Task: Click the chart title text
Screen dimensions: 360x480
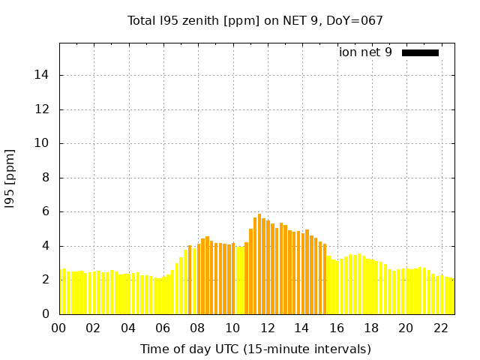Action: tap(255, 21)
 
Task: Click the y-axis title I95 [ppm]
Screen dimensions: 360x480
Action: tap(10, 179)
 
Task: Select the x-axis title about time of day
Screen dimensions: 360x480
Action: tap(255, 349)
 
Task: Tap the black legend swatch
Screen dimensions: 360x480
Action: tap(420, 52)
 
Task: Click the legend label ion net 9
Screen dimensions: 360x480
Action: tap(365, 52)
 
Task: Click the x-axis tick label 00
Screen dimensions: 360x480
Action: tap(59, 328)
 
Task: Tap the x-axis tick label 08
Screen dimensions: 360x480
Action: tap(197, 328)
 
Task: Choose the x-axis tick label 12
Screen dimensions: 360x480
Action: tap(267, 328)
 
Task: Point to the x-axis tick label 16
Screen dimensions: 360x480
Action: tap(336, 328)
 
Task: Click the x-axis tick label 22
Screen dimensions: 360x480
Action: tap(440, 328)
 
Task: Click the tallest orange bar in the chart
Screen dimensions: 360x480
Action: tap(259, 264)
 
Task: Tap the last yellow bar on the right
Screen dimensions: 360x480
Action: tap(452, 296)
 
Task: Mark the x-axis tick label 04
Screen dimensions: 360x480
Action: tap(128, 328)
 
